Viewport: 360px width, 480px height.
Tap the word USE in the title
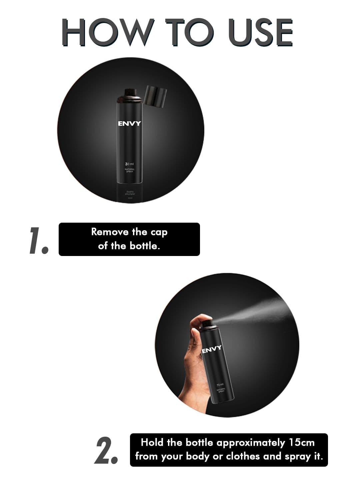click(x=261, y=32)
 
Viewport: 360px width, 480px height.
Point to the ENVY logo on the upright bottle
click(x=130, y=124)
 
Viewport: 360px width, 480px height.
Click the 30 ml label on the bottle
click(x=129, y=164)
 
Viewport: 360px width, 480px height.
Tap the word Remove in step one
click(x=110, y=232)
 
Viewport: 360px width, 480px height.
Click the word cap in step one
click(x=159, y=232)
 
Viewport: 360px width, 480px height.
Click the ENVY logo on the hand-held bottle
click(x=212, y=349)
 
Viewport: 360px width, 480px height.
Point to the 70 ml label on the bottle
click(x=220, y=385)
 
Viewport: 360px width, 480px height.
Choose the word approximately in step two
click(x=251, y=443)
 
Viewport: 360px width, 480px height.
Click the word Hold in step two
click(x=152, y=443)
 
